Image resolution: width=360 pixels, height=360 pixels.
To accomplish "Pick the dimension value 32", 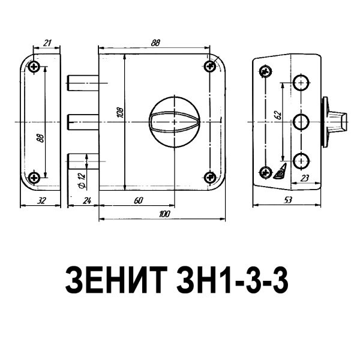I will [x=41, y=201].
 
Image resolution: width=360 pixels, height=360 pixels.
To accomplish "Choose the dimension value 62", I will [x=278, y=115].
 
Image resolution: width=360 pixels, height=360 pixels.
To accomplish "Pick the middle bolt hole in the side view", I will [x=300, y=122].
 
